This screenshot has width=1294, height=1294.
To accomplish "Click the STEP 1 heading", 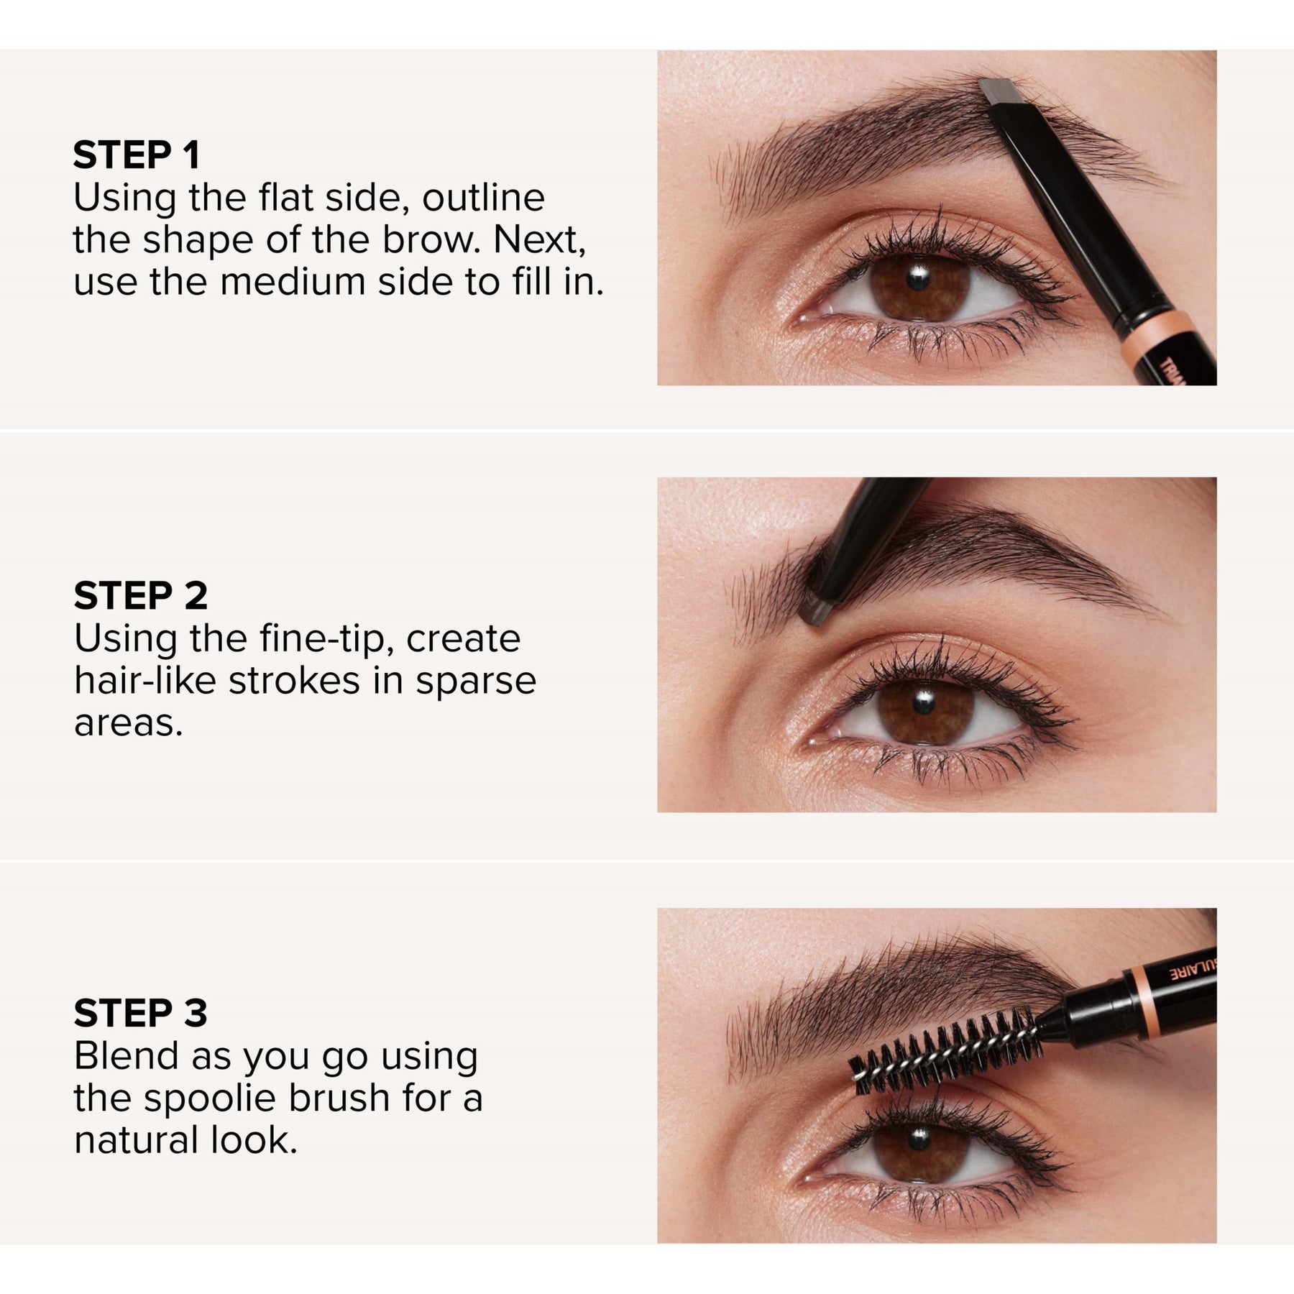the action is coord(137,155).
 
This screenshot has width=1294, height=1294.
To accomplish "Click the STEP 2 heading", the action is coord(141,596).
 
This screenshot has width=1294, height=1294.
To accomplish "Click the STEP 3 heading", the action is coord(141,1013).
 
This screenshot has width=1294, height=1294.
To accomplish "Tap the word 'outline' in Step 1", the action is coord(483,198).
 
